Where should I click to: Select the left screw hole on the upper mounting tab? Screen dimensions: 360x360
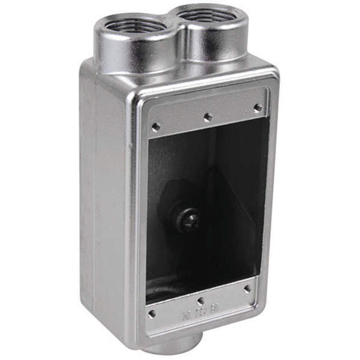156,127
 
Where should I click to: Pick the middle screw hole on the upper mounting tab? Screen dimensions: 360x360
207,117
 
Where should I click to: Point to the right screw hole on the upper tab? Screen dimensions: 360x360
257,107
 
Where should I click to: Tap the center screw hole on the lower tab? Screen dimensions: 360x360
201,301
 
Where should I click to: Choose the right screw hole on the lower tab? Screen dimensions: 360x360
247,289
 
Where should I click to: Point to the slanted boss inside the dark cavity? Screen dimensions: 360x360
230,202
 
